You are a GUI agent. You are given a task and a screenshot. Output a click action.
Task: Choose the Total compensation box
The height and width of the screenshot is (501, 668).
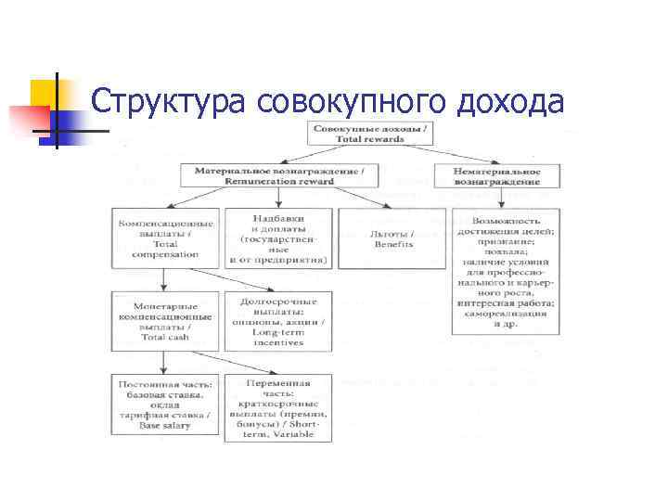(x=165, y=238)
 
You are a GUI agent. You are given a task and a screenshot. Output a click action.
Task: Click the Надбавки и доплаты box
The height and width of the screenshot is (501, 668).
(x=277, y=238)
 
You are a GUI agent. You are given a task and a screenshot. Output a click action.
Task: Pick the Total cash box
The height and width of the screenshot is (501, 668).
(x=165, y=320)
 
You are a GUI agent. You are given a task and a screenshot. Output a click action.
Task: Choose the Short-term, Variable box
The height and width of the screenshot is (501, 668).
(x=277, y=408)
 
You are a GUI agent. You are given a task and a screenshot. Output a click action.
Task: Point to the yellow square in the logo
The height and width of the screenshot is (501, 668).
(x=44, y=92)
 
